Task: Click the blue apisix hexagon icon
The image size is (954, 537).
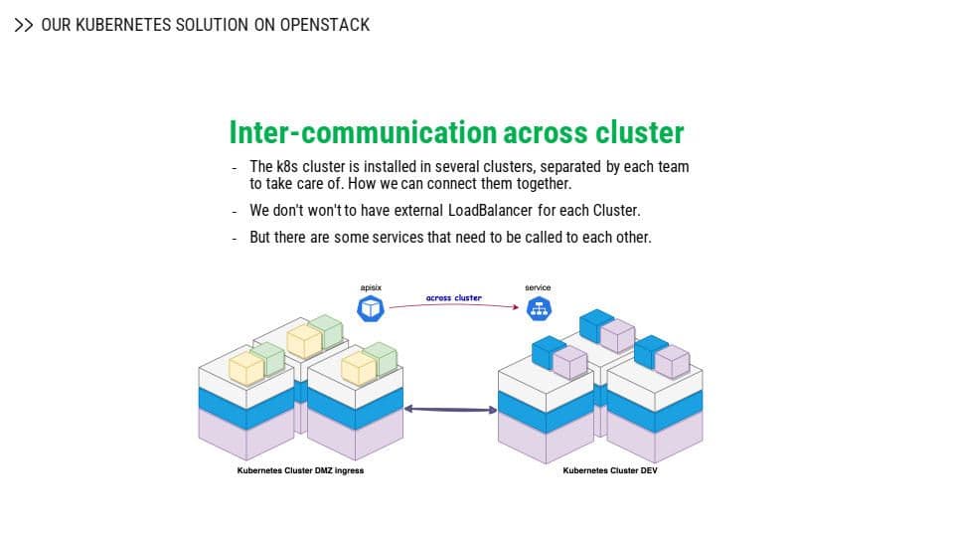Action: pyautogui.click(x=371, y=308)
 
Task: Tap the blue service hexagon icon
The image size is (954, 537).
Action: pyautogui.click(x=539, y=308)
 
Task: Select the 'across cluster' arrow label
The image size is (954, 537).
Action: pyautogui.click(x=454, y=297)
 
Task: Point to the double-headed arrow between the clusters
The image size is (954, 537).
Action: pyautogui.click(x=451, y=409)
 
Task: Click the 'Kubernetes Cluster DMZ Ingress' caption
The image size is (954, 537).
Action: pyautogui.click(x=300, y=470)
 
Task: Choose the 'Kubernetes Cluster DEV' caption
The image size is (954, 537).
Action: pyautogui.click(x=610, y=470)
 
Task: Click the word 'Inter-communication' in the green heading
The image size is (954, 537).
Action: pyautogui.click(x=364, y=132)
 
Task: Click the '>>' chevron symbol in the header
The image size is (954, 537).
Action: pyautogui.click(x=24, y=25)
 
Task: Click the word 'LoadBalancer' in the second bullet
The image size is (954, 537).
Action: pyautogui.click(x=490, y=211)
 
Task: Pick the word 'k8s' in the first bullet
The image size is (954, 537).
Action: pyautogui.click(x=287, y=167)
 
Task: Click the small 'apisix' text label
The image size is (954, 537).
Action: pyautogui.click(x=371, y=287)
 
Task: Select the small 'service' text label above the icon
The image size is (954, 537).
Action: pyautogui.click(x=538, y=287)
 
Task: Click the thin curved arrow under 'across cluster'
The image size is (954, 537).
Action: pyautogui.click(x=454, y=305)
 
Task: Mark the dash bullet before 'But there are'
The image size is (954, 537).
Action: pyautogui.click(x=235, y=239)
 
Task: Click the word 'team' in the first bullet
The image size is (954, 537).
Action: pyautogui.click(x=673, y=167)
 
